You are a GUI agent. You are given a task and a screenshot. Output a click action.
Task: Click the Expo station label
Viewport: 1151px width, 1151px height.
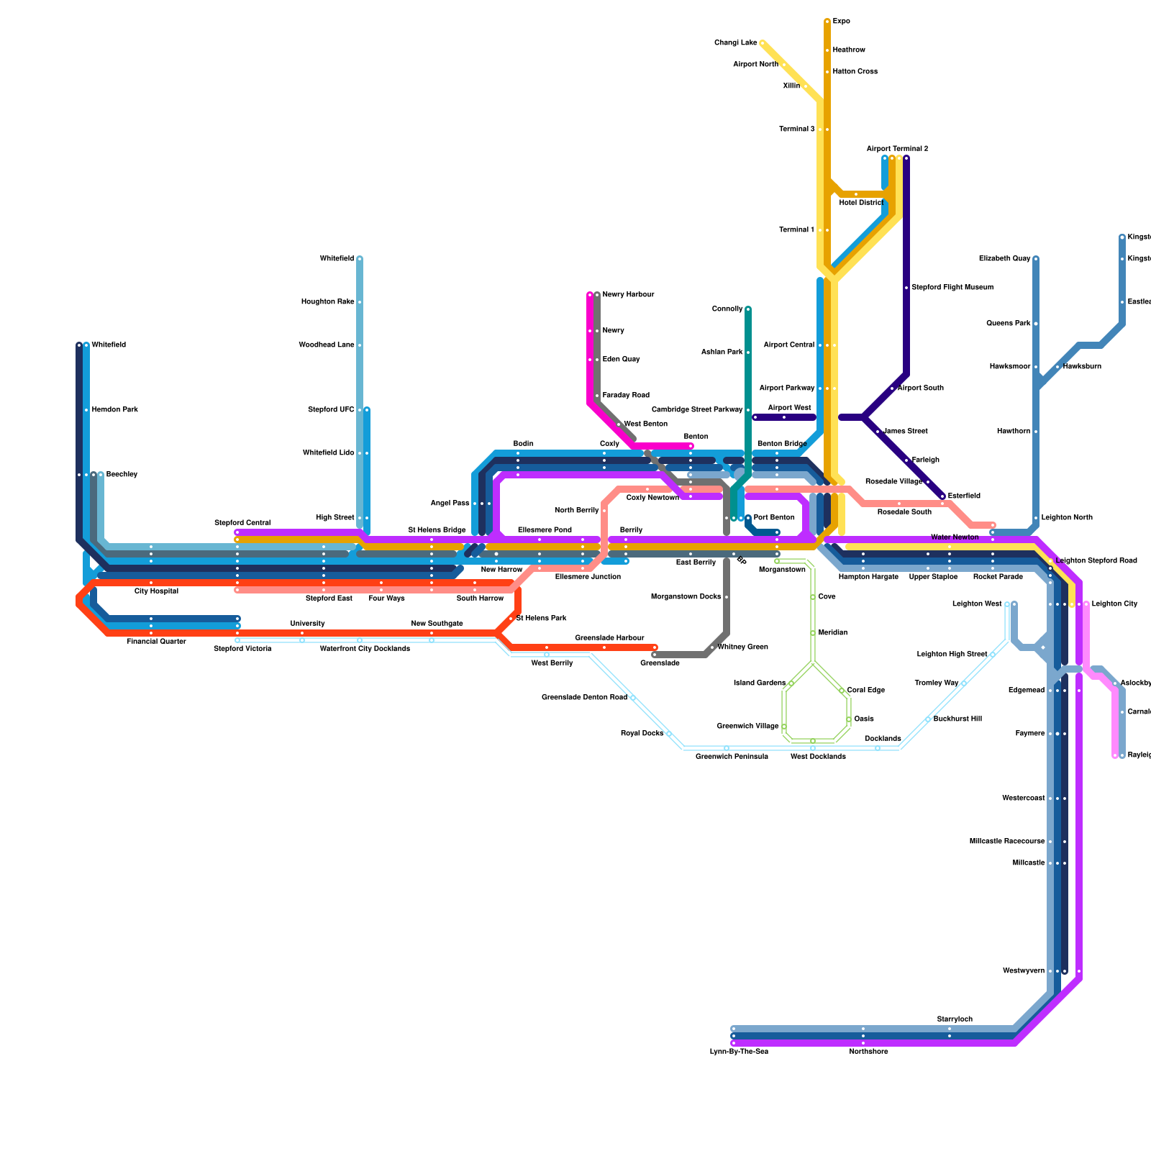coord(841,22)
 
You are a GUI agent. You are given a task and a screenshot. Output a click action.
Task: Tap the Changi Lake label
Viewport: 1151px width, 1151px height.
coord(735,43)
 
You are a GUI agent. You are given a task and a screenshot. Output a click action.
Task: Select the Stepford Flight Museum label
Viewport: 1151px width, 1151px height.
coord(952,288)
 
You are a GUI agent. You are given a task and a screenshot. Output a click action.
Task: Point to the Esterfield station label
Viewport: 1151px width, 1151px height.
coord(964,496)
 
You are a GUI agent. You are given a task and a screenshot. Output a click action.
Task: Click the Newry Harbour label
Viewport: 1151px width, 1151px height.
coord(628,295)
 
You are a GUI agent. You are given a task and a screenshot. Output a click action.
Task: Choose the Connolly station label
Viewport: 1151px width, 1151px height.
coord(727,309)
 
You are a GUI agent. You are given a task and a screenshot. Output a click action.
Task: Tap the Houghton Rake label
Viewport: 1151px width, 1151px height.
coord(327,302)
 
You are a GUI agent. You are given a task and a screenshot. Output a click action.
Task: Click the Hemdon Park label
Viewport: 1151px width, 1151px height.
coord(114,410)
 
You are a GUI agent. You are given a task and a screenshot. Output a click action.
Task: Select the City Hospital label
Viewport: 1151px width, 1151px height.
coord(156,591)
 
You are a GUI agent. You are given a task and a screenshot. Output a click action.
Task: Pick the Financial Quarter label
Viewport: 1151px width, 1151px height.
coord(156,642)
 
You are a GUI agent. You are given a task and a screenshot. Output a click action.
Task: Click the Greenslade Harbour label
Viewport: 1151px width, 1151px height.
coord(609,638)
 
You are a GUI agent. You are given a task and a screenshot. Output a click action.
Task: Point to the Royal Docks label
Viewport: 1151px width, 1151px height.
coord(642,734)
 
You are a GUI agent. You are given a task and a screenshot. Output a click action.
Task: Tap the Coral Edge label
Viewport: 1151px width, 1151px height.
coord(865,691)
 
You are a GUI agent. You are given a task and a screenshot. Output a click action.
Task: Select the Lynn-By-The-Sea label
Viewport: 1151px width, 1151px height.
coord(739,1052)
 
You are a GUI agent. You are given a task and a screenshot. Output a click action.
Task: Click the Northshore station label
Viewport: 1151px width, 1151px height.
coord(868,1052)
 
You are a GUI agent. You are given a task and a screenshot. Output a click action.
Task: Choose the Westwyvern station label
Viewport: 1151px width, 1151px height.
coord(1023,971)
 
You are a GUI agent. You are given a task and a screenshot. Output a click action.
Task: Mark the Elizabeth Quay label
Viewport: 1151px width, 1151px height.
coord(1004,259)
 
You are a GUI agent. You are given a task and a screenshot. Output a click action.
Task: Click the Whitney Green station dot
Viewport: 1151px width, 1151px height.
coord(712,647)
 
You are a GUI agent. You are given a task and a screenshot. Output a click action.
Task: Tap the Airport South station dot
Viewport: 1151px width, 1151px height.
coord(892,388)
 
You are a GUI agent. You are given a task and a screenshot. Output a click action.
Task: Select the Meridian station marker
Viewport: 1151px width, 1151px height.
coord(813,633)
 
